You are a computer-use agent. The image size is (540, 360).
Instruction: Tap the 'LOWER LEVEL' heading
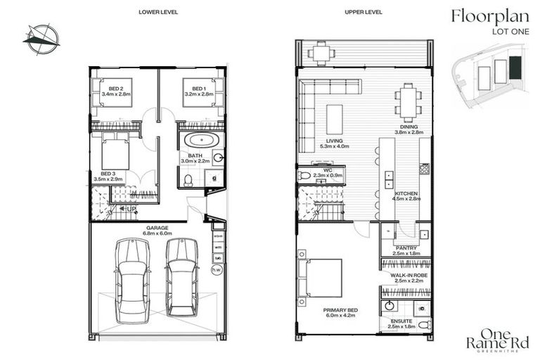pos(158,13)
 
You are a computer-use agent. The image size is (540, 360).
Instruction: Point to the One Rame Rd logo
pos(495,340)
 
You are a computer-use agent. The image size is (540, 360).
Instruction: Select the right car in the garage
pos(182,276)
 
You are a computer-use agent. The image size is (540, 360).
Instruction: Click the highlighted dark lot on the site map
pos(515,68)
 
